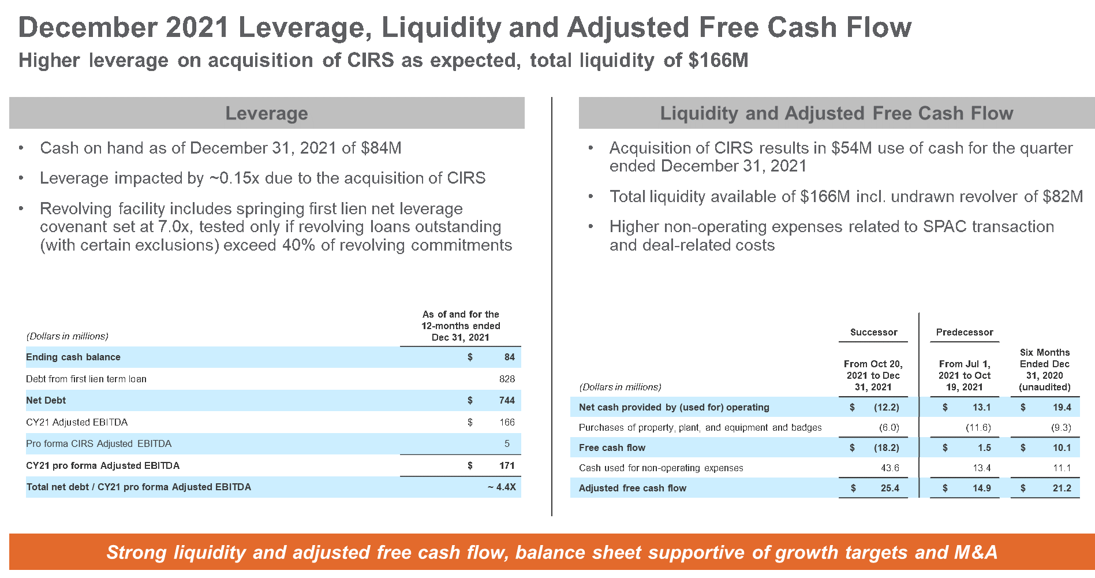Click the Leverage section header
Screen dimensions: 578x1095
point(266,113)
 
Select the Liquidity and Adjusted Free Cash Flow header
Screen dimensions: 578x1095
point(836,113)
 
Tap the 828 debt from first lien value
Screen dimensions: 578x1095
point(507,379)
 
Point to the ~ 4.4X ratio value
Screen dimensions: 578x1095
point(502,487)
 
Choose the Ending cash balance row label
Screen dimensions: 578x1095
point(73,357)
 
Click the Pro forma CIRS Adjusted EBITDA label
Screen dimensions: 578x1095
point(99,443)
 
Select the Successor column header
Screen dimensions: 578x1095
point(873,332)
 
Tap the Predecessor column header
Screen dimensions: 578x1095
point(965,332)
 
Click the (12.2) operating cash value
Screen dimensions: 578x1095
point(886,407)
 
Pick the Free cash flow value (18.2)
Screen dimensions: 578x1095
point(886,448)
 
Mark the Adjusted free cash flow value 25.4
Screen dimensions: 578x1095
point(890,488)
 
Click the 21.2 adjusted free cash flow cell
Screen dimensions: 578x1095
point(1062,488)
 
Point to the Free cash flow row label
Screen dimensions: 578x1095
point(612,448)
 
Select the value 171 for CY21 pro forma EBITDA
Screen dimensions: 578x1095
point(507,465)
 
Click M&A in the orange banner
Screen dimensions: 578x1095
point(976,552)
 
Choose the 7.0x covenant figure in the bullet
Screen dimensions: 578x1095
point(174,227)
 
